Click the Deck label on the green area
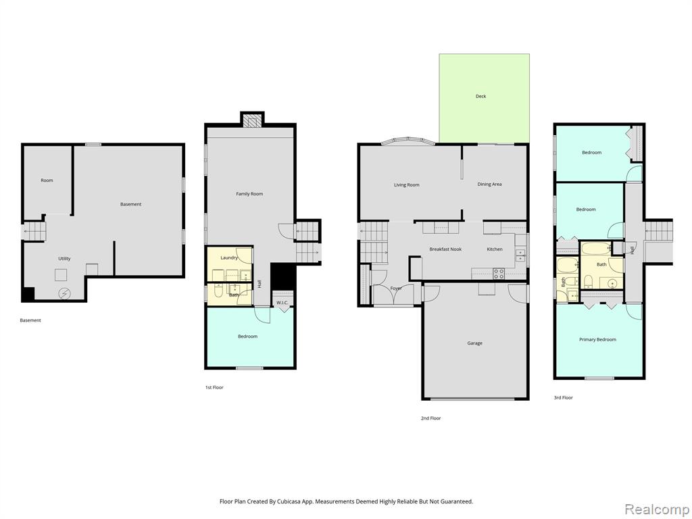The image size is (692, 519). point(480,96)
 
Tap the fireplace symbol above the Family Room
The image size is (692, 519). point(253,121)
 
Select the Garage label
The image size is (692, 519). point(475,343)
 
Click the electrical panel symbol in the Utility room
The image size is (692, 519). point(64,293)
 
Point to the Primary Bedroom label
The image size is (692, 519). point(597,339)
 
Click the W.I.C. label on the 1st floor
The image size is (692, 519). point(282,302)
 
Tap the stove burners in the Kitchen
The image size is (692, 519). point(499,273)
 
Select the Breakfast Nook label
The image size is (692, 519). point(445,249)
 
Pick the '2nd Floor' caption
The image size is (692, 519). point(430,418)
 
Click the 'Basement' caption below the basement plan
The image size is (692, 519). point(30,320)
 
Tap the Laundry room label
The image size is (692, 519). point(229,257)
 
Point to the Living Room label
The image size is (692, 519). point(406,185)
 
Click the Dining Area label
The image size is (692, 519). point(489,184)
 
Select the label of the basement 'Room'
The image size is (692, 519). point(47,180)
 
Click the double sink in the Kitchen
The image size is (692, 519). point(521,255)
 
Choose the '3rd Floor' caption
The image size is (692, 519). point(563,397)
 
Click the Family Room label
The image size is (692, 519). point(249,194)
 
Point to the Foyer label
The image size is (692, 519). point(396,288)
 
